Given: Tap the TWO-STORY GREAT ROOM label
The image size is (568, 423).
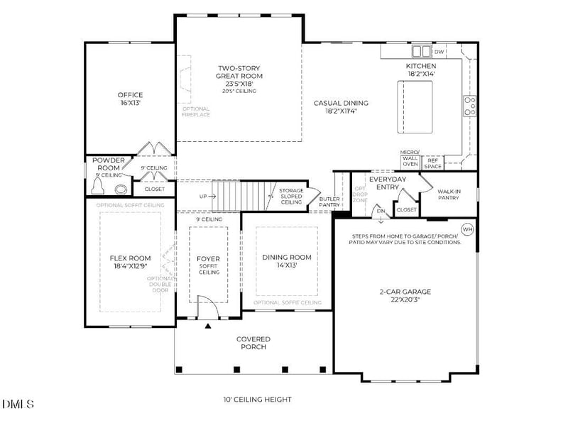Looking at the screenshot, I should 240,76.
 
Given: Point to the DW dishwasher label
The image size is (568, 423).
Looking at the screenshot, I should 439,52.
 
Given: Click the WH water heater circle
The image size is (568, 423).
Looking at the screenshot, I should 467,229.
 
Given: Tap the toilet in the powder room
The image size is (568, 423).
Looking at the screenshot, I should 104,188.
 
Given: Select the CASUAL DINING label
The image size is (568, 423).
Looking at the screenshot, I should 340,106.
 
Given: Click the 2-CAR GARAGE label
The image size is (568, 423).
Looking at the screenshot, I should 405,295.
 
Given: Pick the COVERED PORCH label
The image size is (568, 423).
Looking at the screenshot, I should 253,343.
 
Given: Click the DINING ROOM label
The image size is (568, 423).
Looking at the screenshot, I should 287,260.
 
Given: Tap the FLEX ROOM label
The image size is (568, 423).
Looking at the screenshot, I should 130,262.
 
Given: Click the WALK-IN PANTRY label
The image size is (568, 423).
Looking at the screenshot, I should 448,194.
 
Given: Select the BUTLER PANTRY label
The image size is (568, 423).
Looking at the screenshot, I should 329,202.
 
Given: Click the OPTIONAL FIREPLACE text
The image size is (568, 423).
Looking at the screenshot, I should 196,111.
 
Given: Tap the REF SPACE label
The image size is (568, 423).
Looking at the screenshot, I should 433,163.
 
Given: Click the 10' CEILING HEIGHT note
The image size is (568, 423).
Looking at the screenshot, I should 257,400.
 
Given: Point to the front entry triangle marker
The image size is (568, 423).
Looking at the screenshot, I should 208,326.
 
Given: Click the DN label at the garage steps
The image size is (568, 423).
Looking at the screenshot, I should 381,210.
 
